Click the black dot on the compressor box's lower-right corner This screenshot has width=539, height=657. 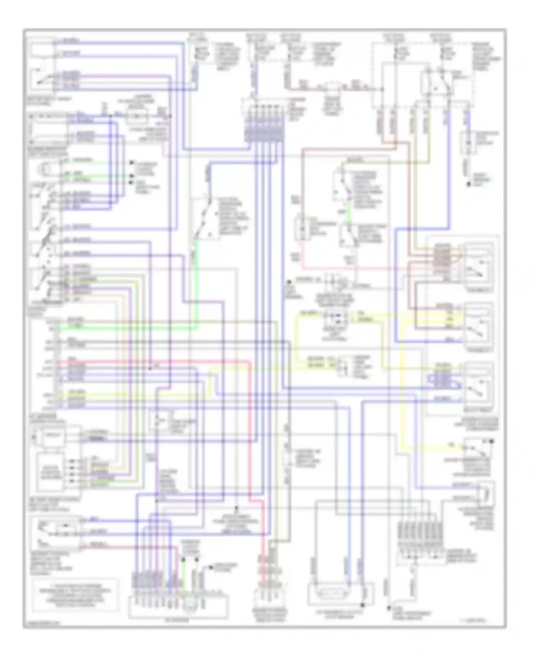(363, 605)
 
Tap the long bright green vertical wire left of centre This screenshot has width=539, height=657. (197, 288)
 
